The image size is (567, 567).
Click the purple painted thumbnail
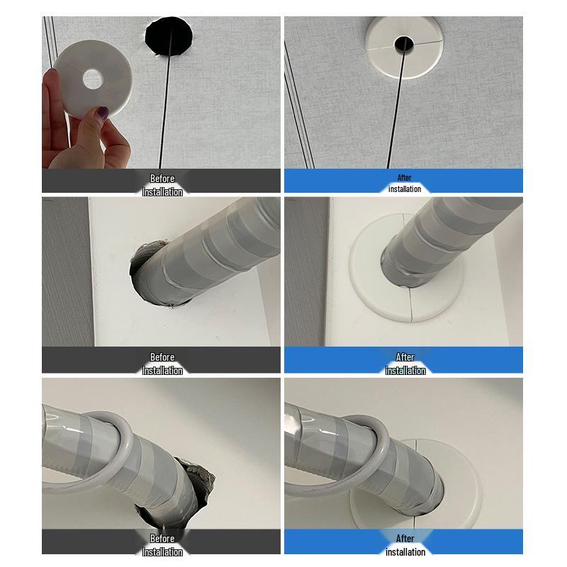(x=101, y=113)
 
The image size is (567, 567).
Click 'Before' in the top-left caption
(x=162, y=178)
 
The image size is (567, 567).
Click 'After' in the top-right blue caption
(x=405, y=178)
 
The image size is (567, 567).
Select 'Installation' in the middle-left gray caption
(x=162, y=370)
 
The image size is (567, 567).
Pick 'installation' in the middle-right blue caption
(x=405, y=370)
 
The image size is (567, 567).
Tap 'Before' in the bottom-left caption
(x=162, y=538)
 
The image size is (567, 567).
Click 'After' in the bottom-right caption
(x=405, y=538)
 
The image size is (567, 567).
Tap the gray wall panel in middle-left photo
(x=64, y=269)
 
